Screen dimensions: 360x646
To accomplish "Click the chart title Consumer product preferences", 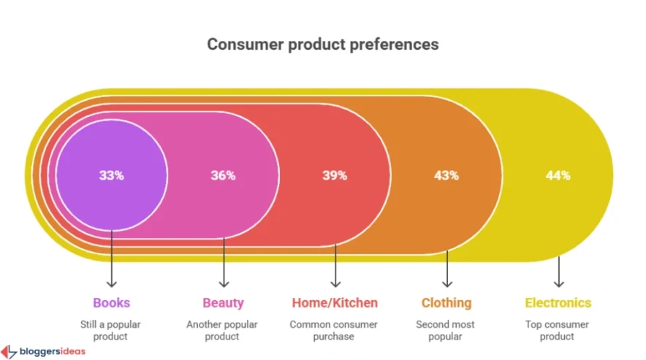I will coord(322,44).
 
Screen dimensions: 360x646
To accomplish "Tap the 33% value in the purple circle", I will coord(111,175).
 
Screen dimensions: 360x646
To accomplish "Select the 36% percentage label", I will coord(223,175).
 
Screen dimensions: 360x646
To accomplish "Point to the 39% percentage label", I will coord(335,175).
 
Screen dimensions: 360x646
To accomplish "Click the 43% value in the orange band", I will coord(446,175).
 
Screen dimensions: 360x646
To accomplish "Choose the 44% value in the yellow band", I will coord(558,175).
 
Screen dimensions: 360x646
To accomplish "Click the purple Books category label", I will coord(111,302).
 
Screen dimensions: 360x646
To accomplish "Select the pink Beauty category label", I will coord(223,302).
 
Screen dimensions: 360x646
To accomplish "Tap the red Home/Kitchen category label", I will coord(335,302).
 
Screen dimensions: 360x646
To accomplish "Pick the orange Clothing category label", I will coord(446,302).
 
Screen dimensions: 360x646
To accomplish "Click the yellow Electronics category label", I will coord(558,302).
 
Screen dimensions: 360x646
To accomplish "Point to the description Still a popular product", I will coord(111,330).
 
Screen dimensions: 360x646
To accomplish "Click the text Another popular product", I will coord(223,330).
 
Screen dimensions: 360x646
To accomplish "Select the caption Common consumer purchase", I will coord(335,330).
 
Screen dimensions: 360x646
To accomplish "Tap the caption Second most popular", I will coord(446,330).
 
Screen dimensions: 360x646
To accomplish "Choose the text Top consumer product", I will coord(558,330).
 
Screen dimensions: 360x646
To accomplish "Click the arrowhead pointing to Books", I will coord(111,283).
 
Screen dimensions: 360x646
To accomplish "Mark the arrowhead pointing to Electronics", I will coord(558,283).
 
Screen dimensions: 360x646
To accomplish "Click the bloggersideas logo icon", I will coord(9,352).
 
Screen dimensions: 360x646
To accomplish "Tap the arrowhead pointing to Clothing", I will coord(446,283).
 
